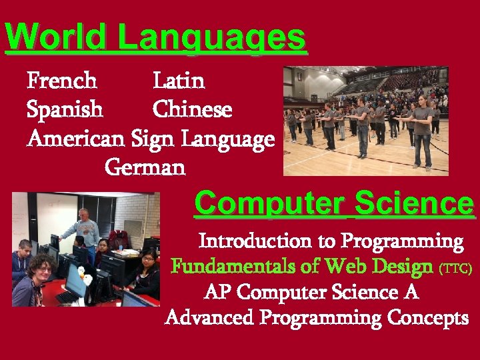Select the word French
pyautogui.click(x=62, y=81)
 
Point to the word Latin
pyautogui.click(x=179, y=81)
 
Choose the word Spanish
pyautogui.click(x=65, y=109)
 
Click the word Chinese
pyautogui.click(x=193, y=109)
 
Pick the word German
pyautogui.click(x=145, y=167)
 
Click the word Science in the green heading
pyautogui.click(x=415, y=203)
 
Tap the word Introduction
pyautogui.click(x=255, y=240)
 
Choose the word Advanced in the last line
pyautogui.click(x=209, y=318)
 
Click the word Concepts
pyautogui.click(x=430, y=318)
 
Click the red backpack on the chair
pyautogui.click(x=119, y=239)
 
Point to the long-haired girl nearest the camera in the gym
pyautogui.click(x=422, y=133)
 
